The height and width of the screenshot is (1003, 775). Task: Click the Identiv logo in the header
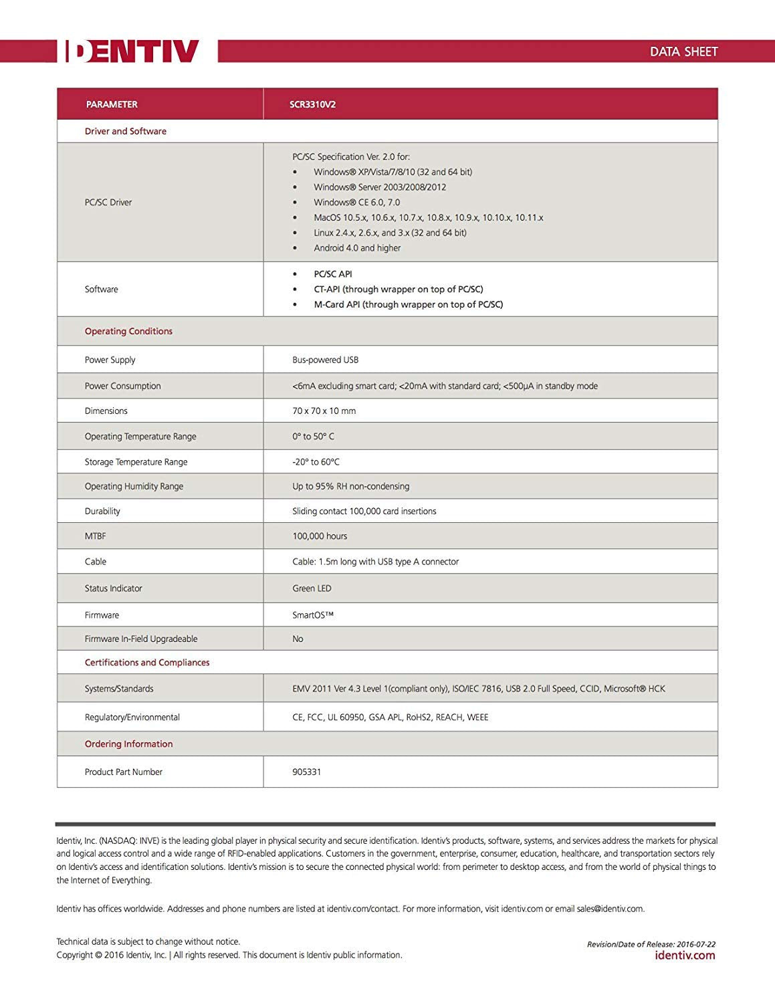tap(132, 51)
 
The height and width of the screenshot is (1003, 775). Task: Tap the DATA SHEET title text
tap(683, 51)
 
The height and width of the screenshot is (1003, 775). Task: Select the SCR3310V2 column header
tap(312, 104)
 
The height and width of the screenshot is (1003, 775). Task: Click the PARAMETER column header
tap(112, 104)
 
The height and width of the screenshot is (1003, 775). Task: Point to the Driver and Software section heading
tap(126, 131)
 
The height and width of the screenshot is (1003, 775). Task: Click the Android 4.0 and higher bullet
tap(357, 248)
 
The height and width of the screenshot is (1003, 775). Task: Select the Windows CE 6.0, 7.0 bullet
tap(356, 203)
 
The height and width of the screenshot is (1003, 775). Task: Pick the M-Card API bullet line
tap(408, 304)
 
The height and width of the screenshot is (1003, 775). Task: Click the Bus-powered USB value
tap(325, 360)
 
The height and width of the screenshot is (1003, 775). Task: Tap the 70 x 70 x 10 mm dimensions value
tap(324, 411)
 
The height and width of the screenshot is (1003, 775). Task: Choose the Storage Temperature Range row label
tap(136, 462)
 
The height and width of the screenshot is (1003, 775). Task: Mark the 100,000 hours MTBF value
tap(320, 536)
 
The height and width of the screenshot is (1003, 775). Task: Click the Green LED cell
tap(312, 588)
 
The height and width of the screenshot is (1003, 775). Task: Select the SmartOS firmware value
tap(312, 615)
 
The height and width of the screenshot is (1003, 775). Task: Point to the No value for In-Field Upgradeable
tap(298, 639)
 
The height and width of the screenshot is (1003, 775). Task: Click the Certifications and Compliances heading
tap(147, 663)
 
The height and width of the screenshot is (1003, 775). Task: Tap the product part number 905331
tap(306, 772)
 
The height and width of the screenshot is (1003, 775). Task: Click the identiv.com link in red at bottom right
tap(685, 956)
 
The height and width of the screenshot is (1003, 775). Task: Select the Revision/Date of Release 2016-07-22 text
tap(651, 944)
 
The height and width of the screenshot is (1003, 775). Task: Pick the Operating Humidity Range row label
tap(134, 487)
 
